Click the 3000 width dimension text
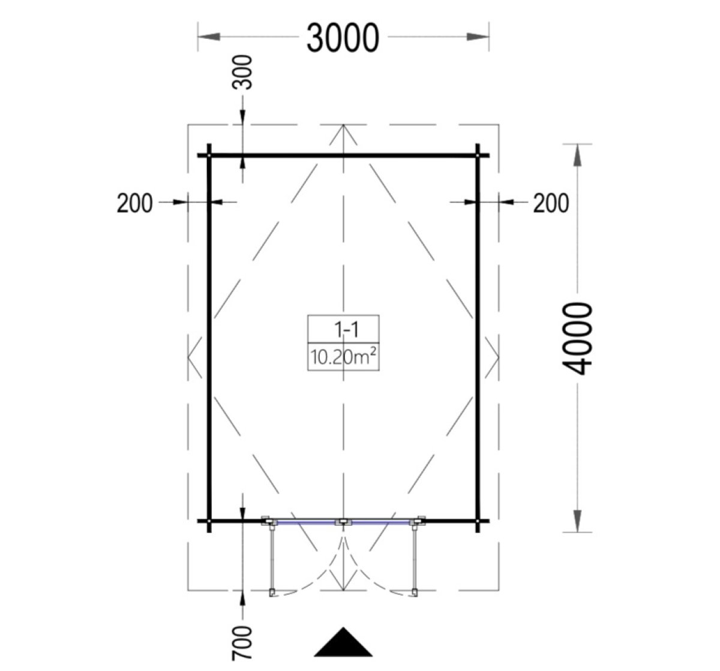[x=343, y=38]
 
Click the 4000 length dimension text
[x=577, y=339]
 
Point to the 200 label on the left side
[x=134, y=203]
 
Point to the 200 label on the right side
[x=551, y=203]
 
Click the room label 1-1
[x=346, y=330]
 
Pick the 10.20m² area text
[x=343, y=357]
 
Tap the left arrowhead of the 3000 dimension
[x=209, y=37]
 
